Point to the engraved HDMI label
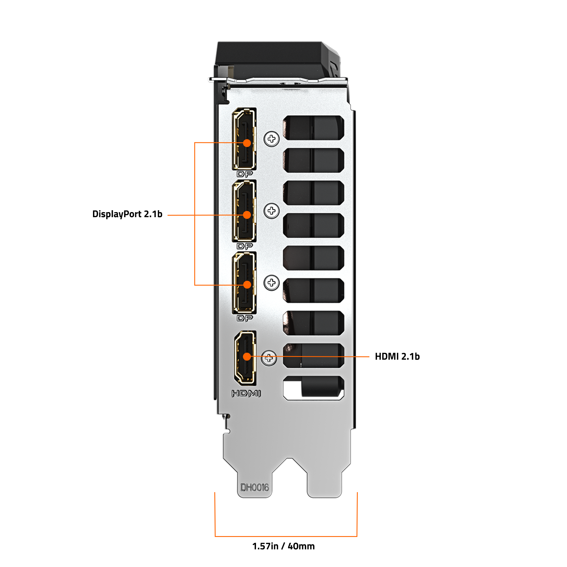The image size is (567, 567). coord(246,393)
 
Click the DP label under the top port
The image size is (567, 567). coord(244,174)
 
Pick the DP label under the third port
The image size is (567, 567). coord(244,318)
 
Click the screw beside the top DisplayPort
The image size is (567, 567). coord(272,139)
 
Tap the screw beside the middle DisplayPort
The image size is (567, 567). coord(272,211)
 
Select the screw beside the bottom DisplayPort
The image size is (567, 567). coord(272,283)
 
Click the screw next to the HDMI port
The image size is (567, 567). coord(268,358)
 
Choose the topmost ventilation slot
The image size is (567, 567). coord(313,128)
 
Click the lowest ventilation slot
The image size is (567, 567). coord(313,388)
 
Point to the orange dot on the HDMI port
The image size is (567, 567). coord(247,357)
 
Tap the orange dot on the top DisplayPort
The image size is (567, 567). coord(247,143)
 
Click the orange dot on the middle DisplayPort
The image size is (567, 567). coord(247,215)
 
